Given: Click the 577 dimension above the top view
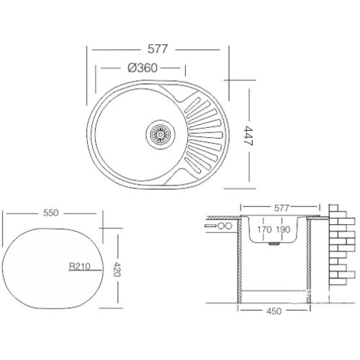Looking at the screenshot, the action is [x=158, y=49].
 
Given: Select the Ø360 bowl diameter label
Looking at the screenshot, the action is [x=143, y=68].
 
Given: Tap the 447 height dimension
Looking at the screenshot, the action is [x=248, y=136].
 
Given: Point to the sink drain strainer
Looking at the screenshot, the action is [x=160, y=133].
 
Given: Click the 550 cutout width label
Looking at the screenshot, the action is [x=51, y=213].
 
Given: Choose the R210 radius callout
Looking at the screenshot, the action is [x=80, y=266].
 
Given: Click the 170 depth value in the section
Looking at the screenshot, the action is [x=264, y=229].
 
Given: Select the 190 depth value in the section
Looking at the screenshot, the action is [x=283, y=229].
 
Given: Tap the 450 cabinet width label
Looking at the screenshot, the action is [x=274, y=311].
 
